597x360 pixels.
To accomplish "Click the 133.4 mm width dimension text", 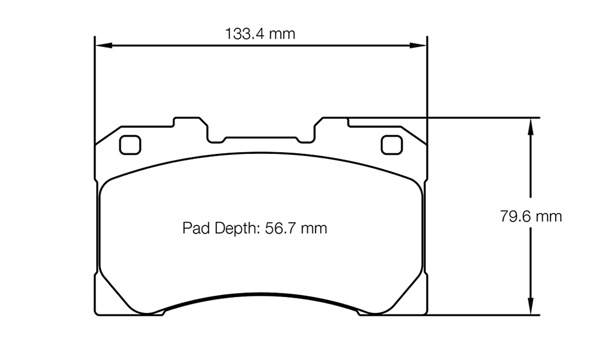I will tap(260, 34).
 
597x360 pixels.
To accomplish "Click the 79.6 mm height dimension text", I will tap(531, 217).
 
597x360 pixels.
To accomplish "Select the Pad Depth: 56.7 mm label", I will tap(255, 228).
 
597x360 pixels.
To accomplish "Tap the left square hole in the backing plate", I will tap(130, 144).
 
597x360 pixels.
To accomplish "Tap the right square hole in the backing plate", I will tap(391, 144).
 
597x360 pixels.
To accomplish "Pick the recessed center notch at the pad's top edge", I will tap(261, 139).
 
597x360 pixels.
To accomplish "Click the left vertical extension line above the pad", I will tap(94, 82).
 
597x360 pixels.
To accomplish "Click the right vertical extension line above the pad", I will tap(428, 82).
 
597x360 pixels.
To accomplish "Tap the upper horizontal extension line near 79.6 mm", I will tap(478, 118).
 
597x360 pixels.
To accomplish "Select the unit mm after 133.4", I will tap(282, 34).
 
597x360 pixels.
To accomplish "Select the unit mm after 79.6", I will tap(550, 217).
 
